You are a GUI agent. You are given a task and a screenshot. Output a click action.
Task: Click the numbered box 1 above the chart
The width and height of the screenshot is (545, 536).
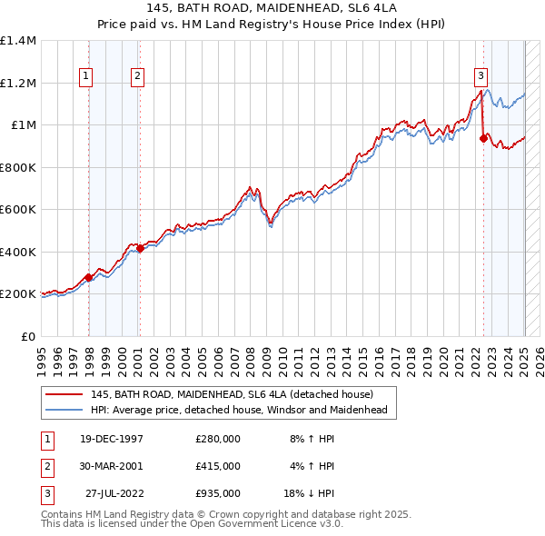coord(86,77)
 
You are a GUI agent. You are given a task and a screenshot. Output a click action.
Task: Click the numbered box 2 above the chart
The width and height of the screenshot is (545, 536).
coord(136,77)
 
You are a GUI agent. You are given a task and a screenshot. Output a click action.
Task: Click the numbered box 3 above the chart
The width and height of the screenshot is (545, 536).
coord(480,77)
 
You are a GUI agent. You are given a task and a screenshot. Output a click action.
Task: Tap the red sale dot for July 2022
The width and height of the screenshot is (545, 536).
coord(483,139)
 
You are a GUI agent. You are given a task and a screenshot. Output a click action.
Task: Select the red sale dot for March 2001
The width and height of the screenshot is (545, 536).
coord(140,248)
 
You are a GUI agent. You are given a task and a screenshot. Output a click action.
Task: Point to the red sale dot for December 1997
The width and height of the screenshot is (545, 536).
coord(88,277)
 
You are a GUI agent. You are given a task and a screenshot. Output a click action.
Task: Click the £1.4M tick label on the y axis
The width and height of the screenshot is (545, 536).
coord(18,41)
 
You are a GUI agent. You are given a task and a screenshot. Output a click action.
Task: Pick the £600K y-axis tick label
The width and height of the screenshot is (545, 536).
coord(18,210)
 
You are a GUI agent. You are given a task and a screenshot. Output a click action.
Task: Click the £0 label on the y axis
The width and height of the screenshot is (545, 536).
coord(28,336)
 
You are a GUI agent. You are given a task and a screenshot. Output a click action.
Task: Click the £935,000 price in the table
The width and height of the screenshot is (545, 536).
coord(218,493)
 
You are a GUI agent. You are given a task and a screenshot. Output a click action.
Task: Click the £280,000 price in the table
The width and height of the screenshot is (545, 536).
coord(218,439)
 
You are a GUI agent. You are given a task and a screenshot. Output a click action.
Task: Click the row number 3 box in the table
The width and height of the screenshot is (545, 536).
coord(46,493)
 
